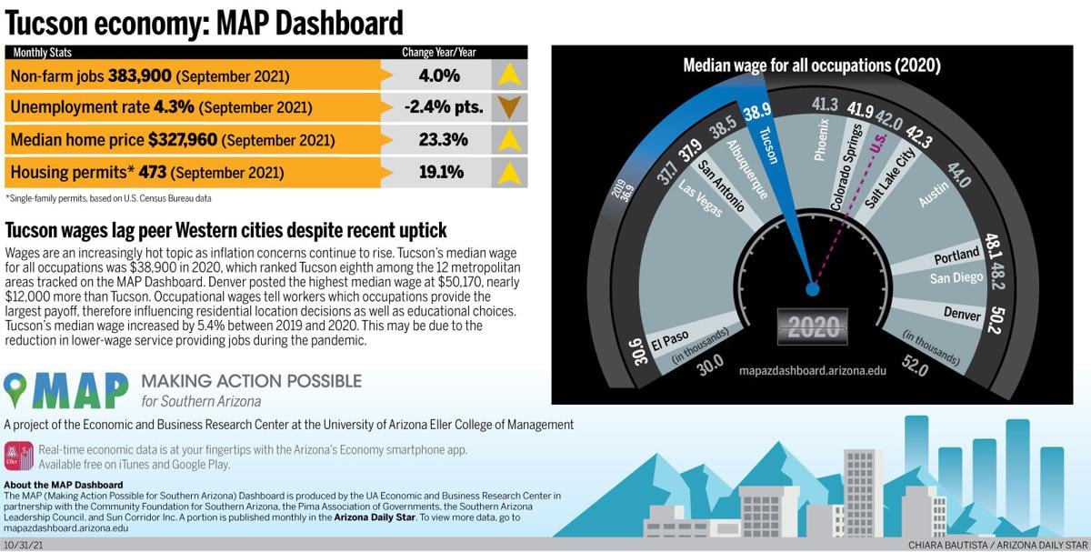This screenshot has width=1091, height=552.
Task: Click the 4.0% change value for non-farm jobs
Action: tap(438, 75)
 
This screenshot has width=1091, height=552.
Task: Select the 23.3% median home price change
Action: tap(438, 140)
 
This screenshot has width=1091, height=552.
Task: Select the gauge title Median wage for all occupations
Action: tap(811, 65)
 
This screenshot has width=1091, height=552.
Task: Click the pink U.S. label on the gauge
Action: tap(877, 144)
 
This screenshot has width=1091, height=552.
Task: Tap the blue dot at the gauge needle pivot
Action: tap(812, 289)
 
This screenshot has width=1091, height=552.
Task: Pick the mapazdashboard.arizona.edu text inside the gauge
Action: tap(813, 371)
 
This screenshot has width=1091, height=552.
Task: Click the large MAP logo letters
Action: tap(80, 389)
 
